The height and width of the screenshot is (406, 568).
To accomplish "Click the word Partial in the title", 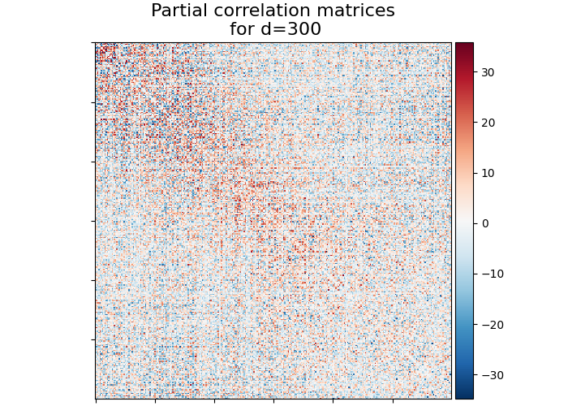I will [x=179, y=11].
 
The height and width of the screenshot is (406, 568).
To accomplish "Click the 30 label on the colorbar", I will [x=487, y=72].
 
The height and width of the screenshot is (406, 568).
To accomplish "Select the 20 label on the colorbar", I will [x=487, y=123].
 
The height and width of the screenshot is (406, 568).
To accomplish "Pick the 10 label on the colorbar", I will [x=487, y=173].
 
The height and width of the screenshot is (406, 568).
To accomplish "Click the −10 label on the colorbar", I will [x=490, y=274].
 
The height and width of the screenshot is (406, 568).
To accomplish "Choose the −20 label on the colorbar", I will [x=490, y=325].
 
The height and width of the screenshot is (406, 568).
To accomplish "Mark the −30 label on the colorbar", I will [x=490, y=375].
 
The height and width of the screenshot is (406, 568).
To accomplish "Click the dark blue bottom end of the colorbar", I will [x=464, y=395].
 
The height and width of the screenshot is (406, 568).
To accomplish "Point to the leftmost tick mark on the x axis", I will [x=96, y=400].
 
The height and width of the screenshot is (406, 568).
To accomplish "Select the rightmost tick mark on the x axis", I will [x=393, y=400].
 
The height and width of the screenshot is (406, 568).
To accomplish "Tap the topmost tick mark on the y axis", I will [x=93, y=44].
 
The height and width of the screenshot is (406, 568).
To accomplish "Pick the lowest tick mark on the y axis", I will [x=93, y=339].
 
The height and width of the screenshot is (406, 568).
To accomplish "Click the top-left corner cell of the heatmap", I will [x=97, y=44].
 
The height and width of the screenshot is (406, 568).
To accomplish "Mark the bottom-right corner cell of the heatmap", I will [x=450, y=398].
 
